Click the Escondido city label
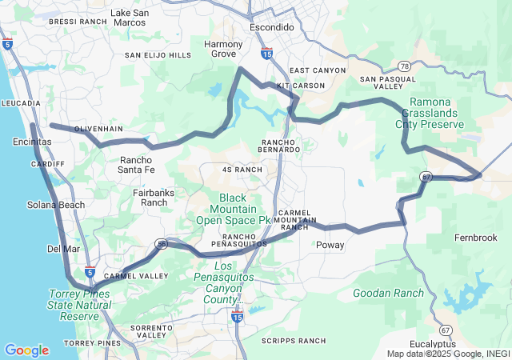click(x=272, y=27)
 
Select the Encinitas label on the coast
click(x=33, y=142)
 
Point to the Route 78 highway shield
click(x=405, y=67)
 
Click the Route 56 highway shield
click(x=162, y=244)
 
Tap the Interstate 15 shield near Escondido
click(x=266, y=54)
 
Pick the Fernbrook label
click(x=475, y=238)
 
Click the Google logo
click(x=26, y=350)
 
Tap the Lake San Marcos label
click(x=130, y=18)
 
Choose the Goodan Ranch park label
click(x=388, y=293)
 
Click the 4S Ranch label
click(x=242, y=170)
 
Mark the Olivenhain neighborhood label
click(x=99, y=129)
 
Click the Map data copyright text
click(x=447, y=354)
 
